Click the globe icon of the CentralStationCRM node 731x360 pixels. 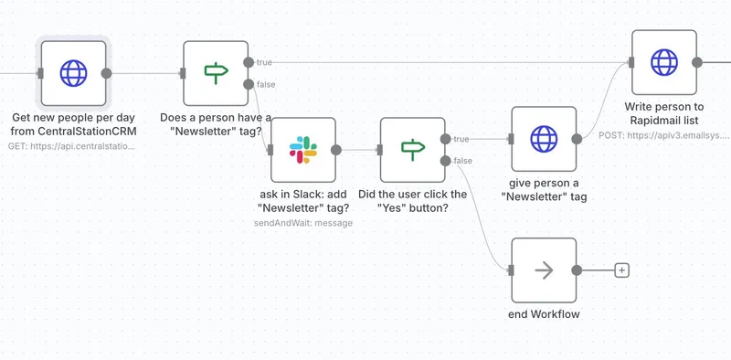coord(73,73)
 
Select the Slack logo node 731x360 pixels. coord(302,150)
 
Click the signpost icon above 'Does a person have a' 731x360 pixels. coord(216,73)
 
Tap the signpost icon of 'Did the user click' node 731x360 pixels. coord(412,150)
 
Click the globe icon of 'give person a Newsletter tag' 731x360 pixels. coord(544,139)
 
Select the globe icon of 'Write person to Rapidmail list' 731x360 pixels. coord(664,62)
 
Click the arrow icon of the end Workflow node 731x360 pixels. coord(544,270)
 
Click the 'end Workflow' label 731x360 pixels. coord(544,314)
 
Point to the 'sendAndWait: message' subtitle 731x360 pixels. coord(302,222)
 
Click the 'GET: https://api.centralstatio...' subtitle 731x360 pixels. coord(72,145)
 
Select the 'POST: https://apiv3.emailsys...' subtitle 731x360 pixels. coord(664,134)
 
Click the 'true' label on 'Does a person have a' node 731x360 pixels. coord(265,62)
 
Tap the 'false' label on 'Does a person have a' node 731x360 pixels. coord(266,84)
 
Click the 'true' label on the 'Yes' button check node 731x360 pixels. coord(462,139)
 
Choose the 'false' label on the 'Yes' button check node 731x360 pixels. coord(463,161)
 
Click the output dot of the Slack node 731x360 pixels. coord(336,150)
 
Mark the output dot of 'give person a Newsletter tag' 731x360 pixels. coord(577,139)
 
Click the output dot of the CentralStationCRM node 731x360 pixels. coord(106,73)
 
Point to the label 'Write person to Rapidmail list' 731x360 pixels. coord(664,113)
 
